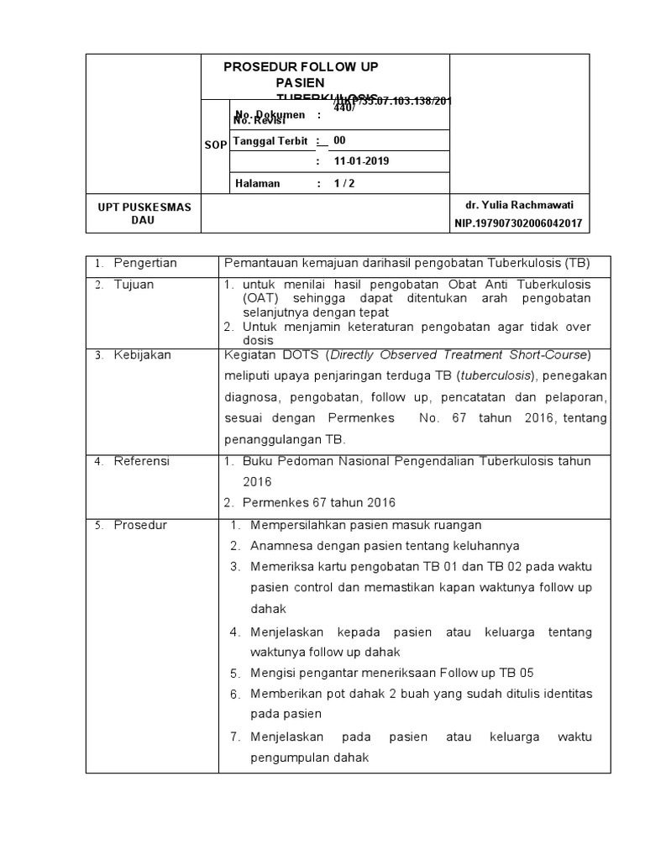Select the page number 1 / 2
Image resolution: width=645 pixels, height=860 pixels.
(344, 183)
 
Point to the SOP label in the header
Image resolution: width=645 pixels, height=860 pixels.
(215, 145)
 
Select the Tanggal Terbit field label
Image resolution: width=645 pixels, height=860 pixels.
(270, 141)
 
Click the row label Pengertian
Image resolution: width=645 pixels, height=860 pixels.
(145, 263)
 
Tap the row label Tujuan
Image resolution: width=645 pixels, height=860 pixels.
(134, 285)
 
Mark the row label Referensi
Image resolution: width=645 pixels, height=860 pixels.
(142, 461)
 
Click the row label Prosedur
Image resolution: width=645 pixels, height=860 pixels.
(140, 525)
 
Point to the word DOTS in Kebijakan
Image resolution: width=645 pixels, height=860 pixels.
(302, 355)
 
